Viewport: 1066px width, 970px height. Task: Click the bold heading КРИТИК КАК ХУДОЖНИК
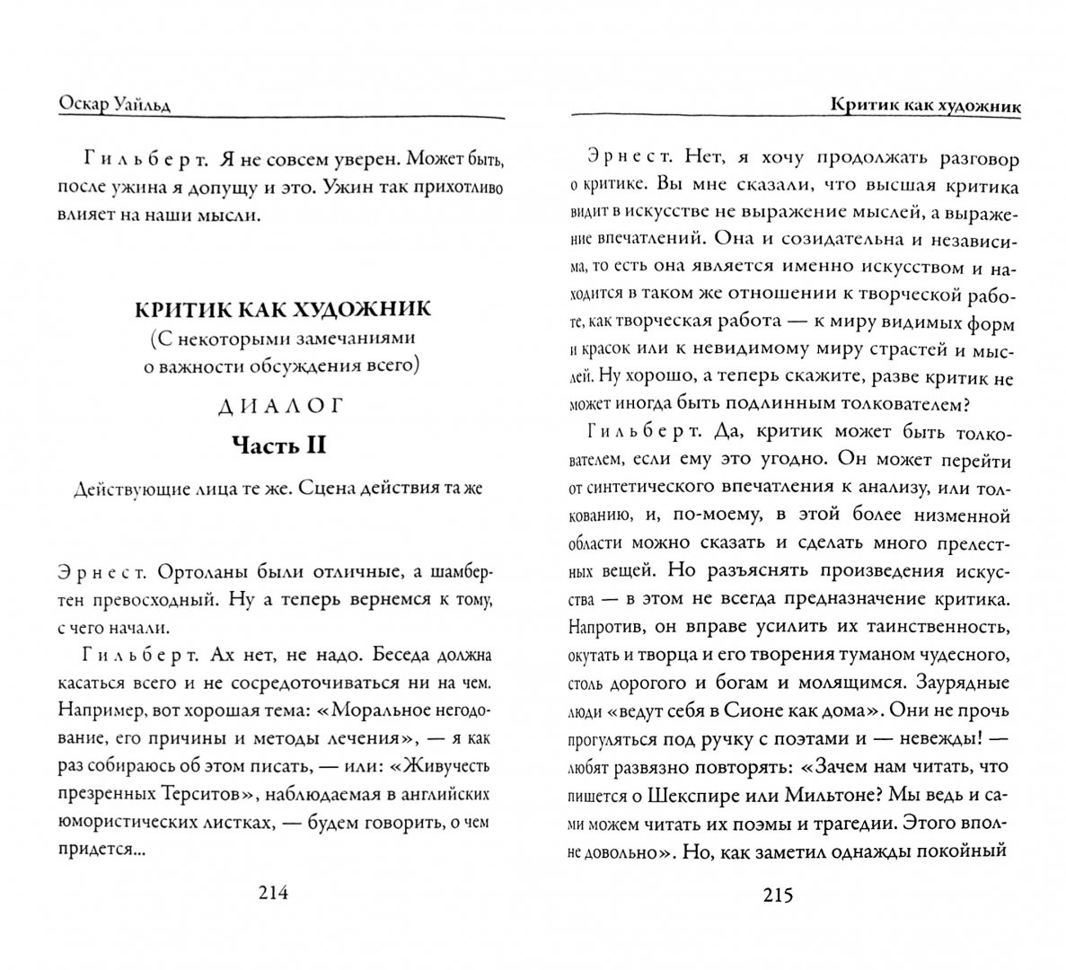[x=283, y=310]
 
